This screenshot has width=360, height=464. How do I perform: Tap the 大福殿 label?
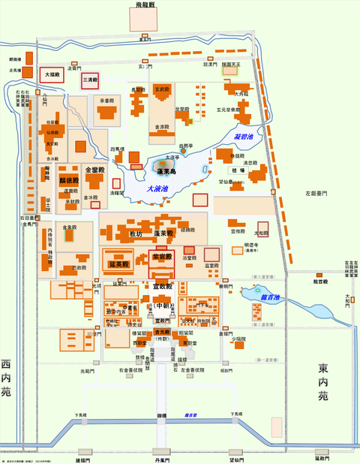point(51,75)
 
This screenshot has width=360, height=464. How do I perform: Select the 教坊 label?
point(135,234)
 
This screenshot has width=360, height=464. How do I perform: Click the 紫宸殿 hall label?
point(163,257)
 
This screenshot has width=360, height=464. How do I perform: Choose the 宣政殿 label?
point(163,287)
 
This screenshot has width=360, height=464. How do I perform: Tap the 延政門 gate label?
point(322,458)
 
